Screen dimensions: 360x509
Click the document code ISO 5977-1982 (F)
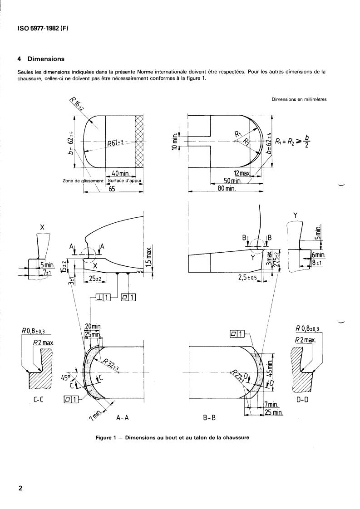coord(43,29)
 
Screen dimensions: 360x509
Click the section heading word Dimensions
coord(46,59)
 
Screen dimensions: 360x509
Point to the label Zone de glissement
coord(83,181)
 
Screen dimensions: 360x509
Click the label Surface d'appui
coord(125,181)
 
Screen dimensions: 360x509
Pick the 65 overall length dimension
coord(112,189)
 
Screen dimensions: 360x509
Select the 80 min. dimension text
coord(227,188)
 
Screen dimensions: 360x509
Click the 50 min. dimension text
coord(232,181)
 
